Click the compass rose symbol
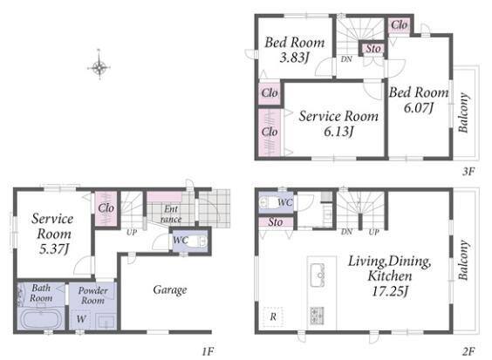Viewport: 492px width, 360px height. click(x=99, y=66)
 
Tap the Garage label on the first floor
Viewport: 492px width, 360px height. click(x=170, y=290)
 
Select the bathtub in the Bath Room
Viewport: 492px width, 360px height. click(x=40, y=318)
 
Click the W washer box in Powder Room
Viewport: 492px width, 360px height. click(x=81, y=319)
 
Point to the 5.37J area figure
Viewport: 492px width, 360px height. click(x=54, y=249)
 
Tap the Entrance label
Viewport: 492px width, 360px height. click(x=171, y=214)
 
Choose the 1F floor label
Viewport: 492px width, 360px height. click(x=208, y=351)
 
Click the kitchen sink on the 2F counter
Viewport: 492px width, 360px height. click(x=318, y=275)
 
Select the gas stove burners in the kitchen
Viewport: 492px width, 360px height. click(x=318, y=316)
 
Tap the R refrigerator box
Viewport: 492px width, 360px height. click(x=273, y=316)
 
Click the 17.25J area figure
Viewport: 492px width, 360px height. click(x=390, y=291)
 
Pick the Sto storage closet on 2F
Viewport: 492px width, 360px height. click(x=276, y=222)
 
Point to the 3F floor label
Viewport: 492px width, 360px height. click(x=468, y=171)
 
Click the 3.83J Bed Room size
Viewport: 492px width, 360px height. click(x=294, y=58)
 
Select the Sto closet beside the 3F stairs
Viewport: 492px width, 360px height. click(x=372, y=49)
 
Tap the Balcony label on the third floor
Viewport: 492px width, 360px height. click(x=463, y=112)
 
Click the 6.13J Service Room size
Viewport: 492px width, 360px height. click(x=338, y=131)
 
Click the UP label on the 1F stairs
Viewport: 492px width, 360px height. click(x=132, y=233)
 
